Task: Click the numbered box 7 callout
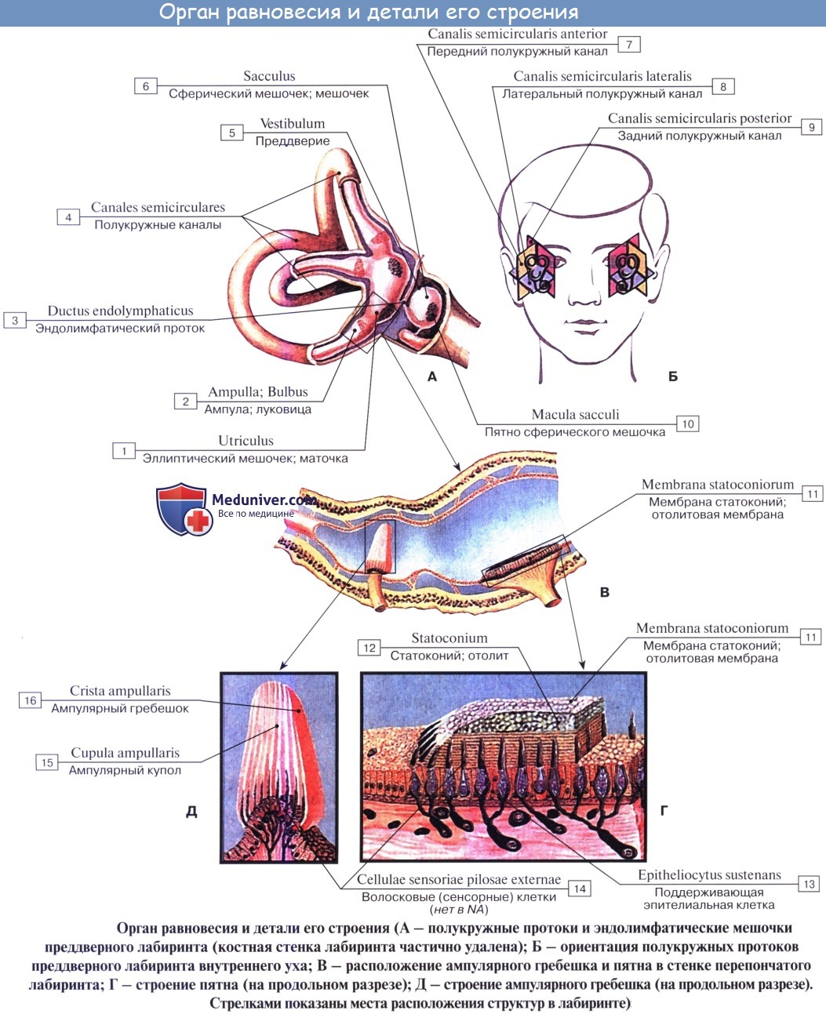[x=629, y=45]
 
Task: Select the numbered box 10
[x=687, y=424]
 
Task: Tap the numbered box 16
[x=30, y=700]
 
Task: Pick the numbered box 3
[x=15, y=320]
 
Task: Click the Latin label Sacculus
[x=269, y=76]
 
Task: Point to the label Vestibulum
[x=292, y=124]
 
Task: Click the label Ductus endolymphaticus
[x=120, y=311]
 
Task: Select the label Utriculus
[x=246, y=441]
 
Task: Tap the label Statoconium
[x=449, y=638]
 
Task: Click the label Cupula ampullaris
[x=126, y=753]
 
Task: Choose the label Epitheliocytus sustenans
[x=709, y=875]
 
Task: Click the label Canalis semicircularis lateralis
[x=602, y=76]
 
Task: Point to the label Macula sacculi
[x=575, y=415]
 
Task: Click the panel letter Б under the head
[x=672, y=376]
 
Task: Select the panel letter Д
[x=191, y=812]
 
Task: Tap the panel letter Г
[x=664, y=810]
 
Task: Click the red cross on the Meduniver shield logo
[x=198, y=521]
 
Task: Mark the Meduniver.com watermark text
[x=263, y=500]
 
